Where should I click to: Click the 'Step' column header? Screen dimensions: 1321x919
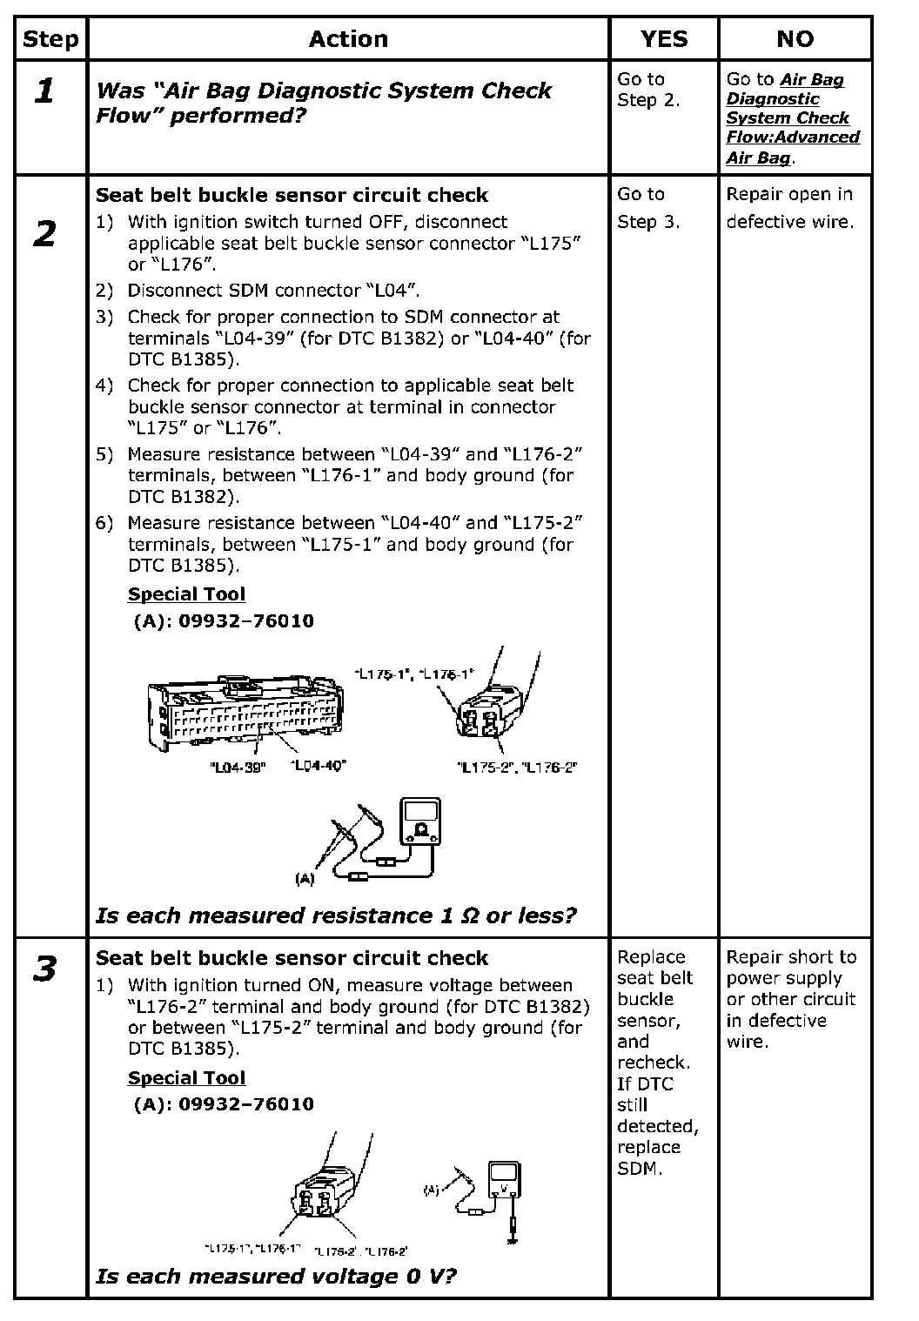(x=50, y=39)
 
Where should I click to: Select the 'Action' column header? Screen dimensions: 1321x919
(x=348, y=39)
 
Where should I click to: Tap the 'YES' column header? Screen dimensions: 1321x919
(x=663, y=39)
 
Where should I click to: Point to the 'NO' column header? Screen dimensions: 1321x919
(x=795, y=39)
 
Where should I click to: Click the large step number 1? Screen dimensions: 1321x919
(x=44, y=91)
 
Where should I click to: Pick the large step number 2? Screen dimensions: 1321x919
(x=44, y=234)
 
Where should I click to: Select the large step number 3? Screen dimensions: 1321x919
(x=44, y=969)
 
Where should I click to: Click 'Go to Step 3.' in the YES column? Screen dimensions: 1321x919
(x=648, y=208)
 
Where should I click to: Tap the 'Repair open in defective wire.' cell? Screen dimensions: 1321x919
(x=790, y=208)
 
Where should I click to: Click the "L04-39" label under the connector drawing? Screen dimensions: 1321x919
(x=238, y=768)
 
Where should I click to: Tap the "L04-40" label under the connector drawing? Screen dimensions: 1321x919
(x=318, y=766)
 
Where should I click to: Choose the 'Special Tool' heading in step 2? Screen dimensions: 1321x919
(x=186, y=594)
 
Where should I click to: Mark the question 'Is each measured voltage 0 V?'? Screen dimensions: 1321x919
(x=277, y=1277)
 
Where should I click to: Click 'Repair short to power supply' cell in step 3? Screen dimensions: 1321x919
(x=791, y=999)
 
